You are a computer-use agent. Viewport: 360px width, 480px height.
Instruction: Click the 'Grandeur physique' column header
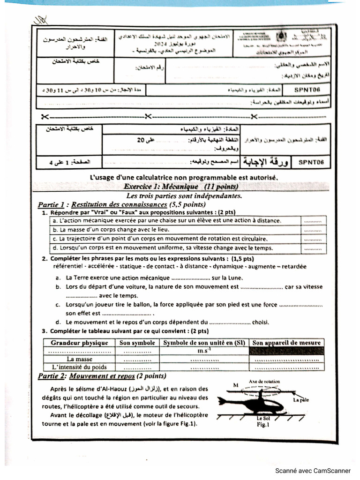tap(79, 343)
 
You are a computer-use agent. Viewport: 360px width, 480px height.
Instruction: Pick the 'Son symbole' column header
tap(137, 343)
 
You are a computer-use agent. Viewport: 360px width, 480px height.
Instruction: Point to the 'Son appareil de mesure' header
tap(286, 343)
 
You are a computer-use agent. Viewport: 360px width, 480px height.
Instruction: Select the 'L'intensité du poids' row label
tap(79, 367)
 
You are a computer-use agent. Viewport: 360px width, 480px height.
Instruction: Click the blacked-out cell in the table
tap(286, 351)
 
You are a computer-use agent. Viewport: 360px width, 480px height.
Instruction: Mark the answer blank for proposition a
tap(313, 221)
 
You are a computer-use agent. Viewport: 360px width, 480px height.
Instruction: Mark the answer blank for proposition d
tap(313, 248)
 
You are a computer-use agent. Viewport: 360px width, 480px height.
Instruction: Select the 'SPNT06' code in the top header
tap(307, 89)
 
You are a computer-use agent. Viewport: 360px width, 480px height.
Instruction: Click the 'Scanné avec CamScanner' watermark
tap(313, 471)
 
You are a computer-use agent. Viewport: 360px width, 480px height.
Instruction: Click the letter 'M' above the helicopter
tap(235, 385)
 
